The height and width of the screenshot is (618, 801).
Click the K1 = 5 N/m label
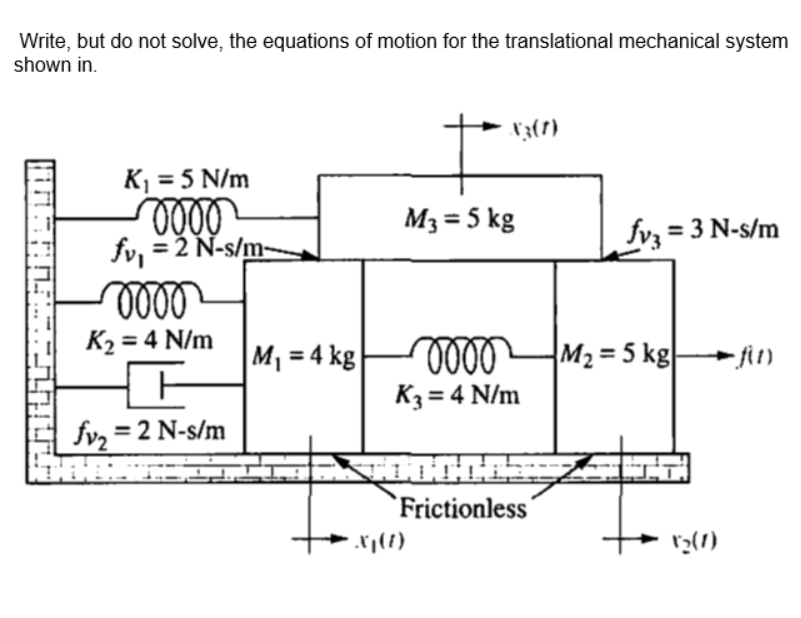click(x=186, y=181)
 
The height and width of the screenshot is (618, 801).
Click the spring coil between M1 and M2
click(x=458, y=354)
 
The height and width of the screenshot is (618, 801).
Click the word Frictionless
click(x=463, y=508)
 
